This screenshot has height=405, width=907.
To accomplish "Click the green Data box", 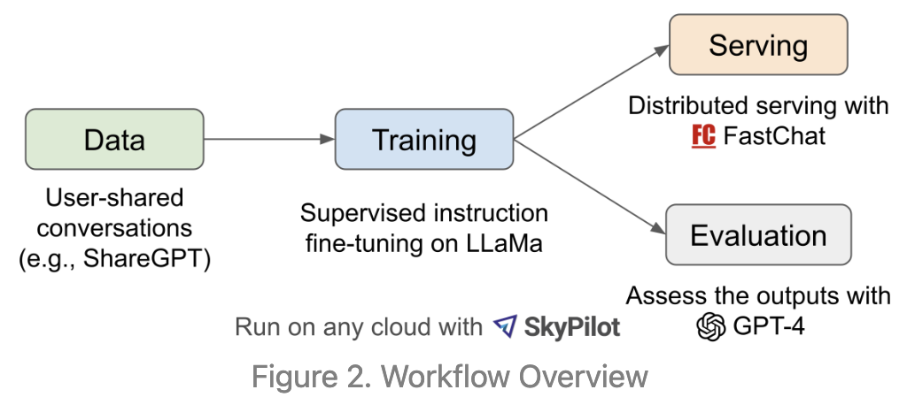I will tap(114, 139).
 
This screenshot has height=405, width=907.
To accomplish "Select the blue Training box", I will tap(423, 139).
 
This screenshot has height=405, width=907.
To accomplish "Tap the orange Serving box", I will tap(758, 46).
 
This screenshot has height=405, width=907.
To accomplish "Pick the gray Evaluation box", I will tap(758, 236).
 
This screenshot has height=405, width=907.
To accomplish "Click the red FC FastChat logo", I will tap(703, 137).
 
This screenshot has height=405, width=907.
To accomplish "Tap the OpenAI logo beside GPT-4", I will tap(710, 326).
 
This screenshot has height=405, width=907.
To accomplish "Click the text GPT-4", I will tap(769, 326).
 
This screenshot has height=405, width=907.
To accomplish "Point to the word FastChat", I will tap(773, 137).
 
